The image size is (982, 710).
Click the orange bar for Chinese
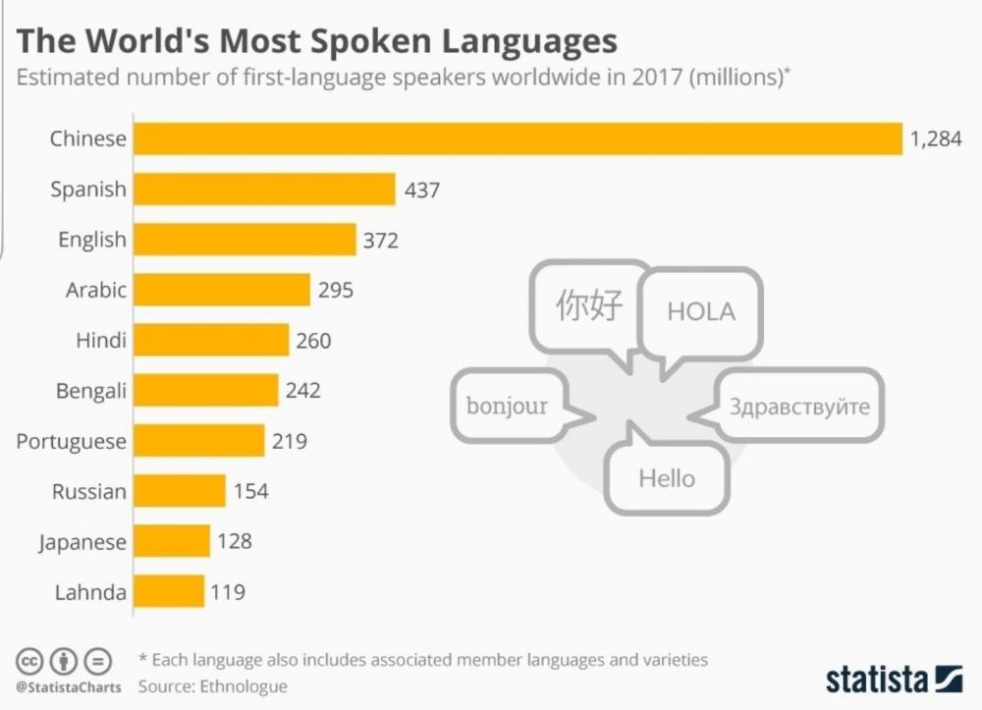(518, 138)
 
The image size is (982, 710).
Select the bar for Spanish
(264, 189)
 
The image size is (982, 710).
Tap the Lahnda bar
(168, 592)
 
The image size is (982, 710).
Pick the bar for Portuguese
(198, 441)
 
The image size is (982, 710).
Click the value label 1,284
(935, 139)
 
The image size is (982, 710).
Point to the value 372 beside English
(381, 240)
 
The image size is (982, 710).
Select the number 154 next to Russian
(251, 491)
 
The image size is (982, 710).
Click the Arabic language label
(96, 290)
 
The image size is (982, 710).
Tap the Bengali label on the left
(91, 391)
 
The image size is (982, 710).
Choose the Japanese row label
(82, 542)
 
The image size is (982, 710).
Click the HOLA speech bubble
(701, 311)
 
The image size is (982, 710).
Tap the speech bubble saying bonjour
(507, 406)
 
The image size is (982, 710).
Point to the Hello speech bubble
(667, 478)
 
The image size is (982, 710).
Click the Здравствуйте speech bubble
(798, 406)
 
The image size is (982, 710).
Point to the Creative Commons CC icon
(28, 660)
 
